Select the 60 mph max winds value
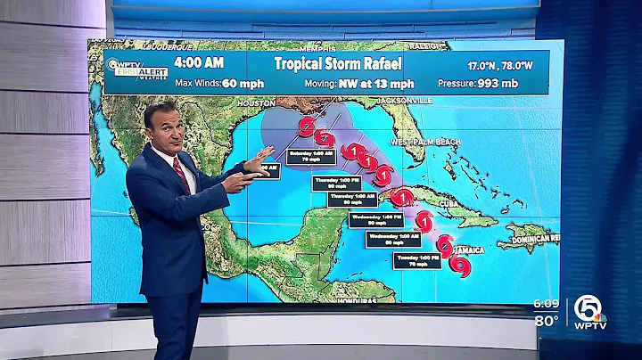pyautogui.click(x=218, y=84)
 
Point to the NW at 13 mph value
pyautogui.click(x=376, y=84)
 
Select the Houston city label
pyautogui.click(x=257, y=103)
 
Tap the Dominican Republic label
pyautogui.click(x=531, y=239)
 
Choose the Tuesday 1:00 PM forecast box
pyautogui.click(x=416, y=260)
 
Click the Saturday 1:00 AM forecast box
pyautogui.click(x=310, y=157)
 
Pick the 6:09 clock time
pyautogui.click(x=546, y=304)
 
